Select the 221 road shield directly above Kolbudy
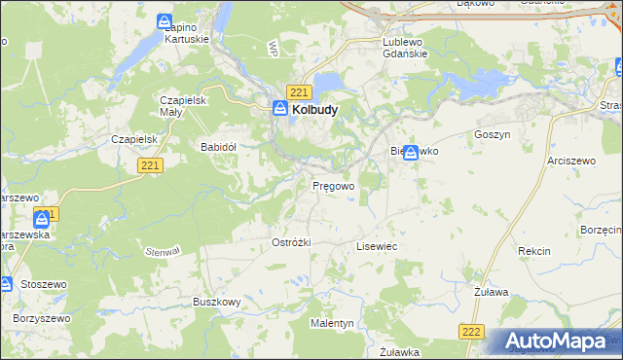pyautogui.click(x=299, y=92)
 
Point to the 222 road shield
pyautogui.click(x=471, y=332)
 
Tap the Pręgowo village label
pyautogui.click(x=333, y=185)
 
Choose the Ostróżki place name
pyautogui.click(x=291, y=242)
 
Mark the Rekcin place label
pyautogui.click(x=534, y=251)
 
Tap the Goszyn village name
pyautogui.click(x=493, y=134)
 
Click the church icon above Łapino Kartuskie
pyautogui.click(x=166, y=20)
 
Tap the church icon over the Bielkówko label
pyautogui.click(x=412, y=152)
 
